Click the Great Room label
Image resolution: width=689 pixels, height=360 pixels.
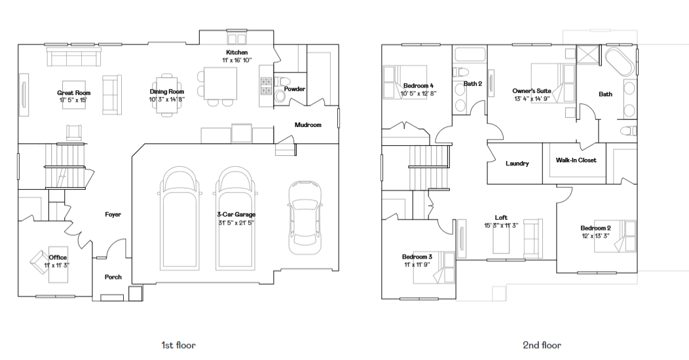coord(74,93)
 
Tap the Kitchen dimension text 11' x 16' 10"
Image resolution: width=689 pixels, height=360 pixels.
coord(237,60)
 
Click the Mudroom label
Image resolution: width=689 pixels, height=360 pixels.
coord(308,124)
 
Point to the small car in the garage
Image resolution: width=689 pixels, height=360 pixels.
coord(305,217)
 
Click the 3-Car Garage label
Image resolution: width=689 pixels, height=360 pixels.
coord(236,214)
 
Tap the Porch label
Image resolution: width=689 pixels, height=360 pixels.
coord(113,277)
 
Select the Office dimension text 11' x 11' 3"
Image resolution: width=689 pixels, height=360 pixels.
coord(57,264)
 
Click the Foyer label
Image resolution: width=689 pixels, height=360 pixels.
coord(113,214)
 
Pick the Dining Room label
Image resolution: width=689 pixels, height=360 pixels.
coord(166,92)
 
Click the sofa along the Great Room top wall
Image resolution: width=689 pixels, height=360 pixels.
coord(74,57)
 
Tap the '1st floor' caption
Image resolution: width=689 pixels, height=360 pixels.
coord(178,345)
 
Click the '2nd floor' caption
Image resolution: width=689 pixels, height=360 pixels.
coord(542,345)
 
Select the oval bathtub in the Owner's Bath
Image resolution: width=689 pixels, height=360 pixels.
coord(620,62)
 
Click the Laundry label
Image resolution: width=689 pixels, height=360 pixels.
coord(517,164)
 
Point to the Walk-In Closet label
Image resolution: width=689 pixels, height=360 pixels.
coord(576,160)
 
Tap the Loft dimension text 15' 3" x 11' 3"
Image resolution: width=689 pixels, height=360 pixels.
coord(502,225)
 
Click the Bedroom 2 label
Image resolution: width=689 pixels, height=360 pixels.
coord(595,228)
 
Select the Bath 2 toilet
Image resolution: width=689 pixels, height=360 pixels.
coord(460,73)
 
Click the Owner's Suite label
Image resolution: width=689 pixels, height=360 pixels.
coord(532,91)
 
